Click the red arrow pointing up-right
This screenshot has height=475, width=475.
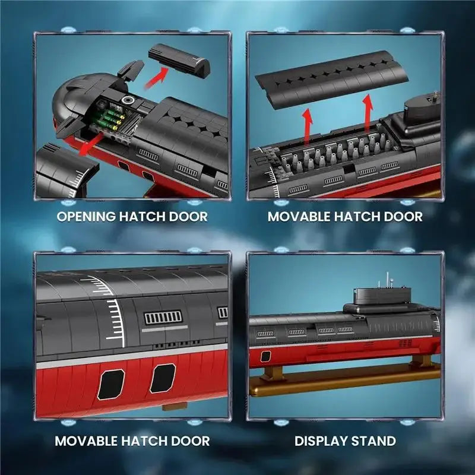coord(156,78)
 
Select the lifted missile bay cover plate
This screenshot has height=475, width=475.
coord(331,80)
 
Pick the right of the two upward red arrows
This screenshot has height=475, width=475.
coord(368,113)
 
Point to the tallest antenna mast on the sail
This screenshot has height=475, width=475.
coord(387,280)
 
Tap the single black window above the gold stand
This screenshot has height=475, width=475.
coord(265,356)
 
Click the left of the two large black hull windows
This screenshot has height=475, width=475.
coord(111,384)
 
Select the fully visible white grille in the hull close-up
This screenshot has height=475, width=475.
coord(163,318)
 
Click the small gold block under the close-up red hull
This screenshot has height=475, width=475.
coord(175,407)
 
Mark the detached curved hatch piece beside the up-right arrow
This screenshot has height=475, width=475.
coord(179,61)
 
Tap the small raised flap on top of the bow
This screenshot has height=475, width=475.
coord(131,71)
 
